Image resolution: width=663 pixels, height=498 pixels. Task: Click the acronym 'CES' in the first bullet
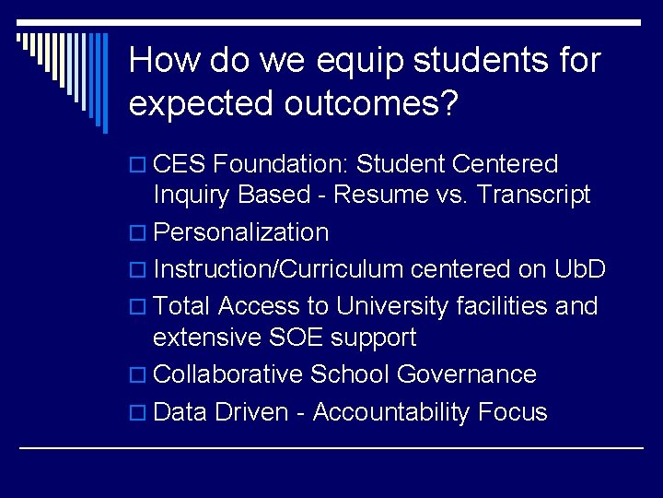point(180,164)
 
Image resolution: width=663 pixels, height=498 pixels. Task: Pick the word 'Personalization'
point(241,231)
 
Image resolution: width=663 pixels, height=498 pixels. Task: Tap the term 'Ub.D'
point(580,269)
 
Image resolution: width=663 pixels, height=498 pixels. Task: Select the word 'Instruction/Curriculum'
point(279,269)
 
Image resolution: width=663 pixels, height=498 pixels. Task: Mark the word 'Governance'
point(467,374)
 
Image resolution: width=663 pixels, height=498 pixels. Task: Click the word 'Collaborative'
point(228,374)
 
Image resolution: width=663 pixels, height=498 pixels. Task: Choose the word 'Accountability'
point(390,411)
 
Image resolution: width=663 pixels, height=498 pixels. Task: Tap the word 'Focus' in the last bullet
point(513,411)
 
